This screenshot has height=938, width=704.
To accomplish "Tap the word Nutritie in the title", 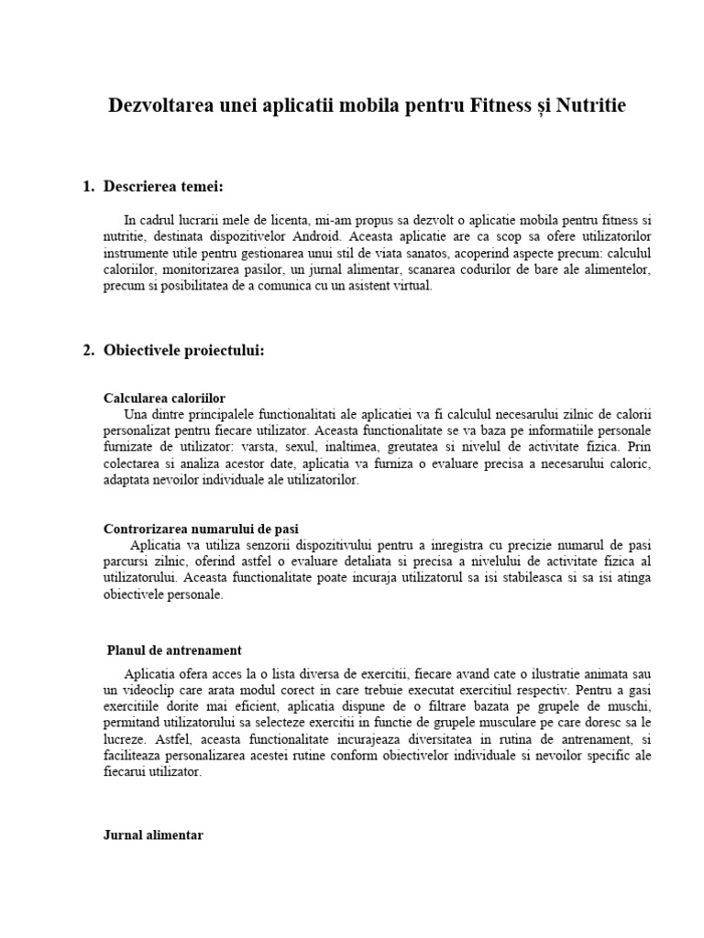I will point(590,106).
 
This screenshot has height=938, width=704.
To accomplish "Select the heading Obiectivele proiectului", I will point(184,351).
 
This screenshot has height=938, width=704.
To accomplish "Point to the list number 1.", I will point(88,188).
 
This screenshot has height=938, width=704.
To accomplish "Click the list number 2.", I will point(88,351).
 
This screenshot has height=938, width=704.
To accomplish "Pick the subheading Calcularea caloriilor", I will point(165,398).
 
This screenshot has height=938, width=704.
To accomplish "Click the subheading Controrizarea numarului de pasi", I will point(202,529).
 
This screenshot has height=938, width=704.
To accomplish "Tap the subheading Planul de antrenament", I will point(175,650).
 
